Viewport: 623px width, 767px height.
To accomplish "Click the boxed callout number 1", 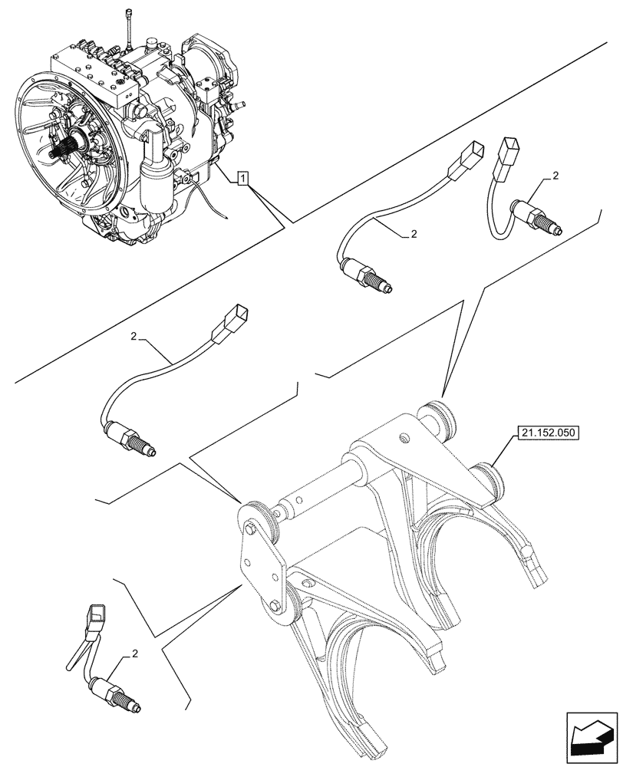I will pyautogui.click(x=242, y=179).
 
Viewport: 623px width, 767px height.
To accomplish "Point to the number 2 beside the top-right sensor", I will pyautogui.click(x=555, y=176).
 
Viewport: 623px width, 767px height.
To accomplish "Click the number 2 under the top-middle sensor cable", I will pyautogui.click(x=414, y=235).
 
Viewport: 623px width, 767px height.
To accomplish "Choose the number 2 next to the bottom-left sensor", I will pyautogui.click(x=135, y=653).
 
